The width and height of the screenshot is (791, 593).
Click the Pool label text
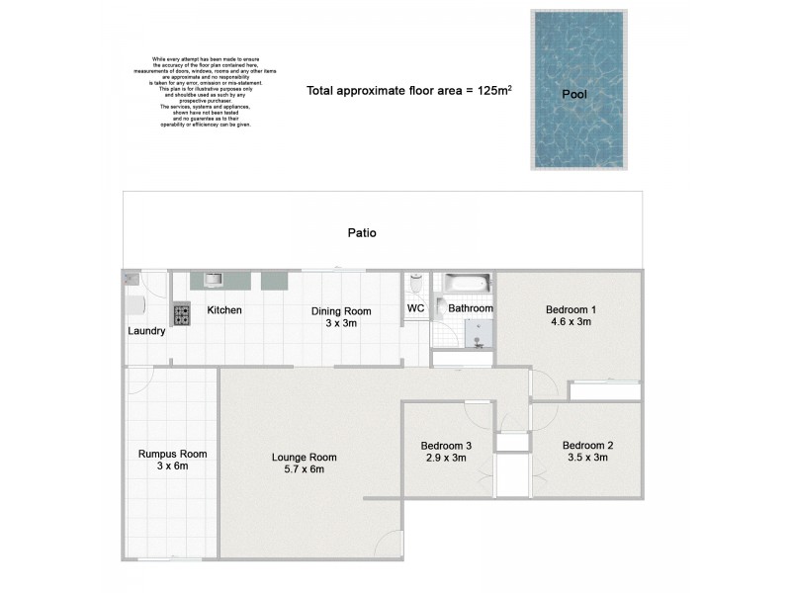[575, 96]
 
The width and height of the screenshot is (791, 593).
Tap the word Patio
[362, 233]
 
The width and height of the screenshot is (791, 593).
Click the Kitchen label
[224, 310]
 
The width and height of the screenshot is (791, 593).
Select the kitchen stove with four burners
[183, 314]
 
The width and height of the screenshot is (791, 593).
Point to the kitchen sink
[213, 280]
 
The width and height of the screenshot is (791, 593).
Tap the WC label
[416, 309]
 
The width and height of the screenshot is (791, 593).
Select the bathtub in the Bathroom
[465, 285]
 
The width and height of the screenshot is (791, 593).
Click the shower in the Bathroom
[478, 337]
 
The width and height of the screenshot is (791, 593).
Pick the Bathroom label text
[471, 309]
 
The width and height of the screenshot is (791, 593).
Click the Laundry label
[146, 331]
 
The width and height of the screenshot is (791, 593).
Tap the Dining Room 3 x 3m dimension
[341, 323]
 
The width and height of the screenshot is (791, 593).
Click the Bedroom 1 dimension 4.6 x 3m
[571, 322]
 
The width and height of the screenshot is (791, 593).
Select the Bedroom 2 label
[587, 446]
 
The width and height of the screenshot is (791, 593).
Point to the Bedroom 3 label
[445, 446]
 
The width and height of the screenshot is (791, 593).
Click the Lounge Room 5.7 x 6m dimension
[305, 469]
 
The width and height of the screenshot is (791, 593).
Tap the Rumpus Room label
[172, 454]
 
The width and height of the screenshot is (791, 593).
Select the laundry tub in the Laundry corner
[132, 280]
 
